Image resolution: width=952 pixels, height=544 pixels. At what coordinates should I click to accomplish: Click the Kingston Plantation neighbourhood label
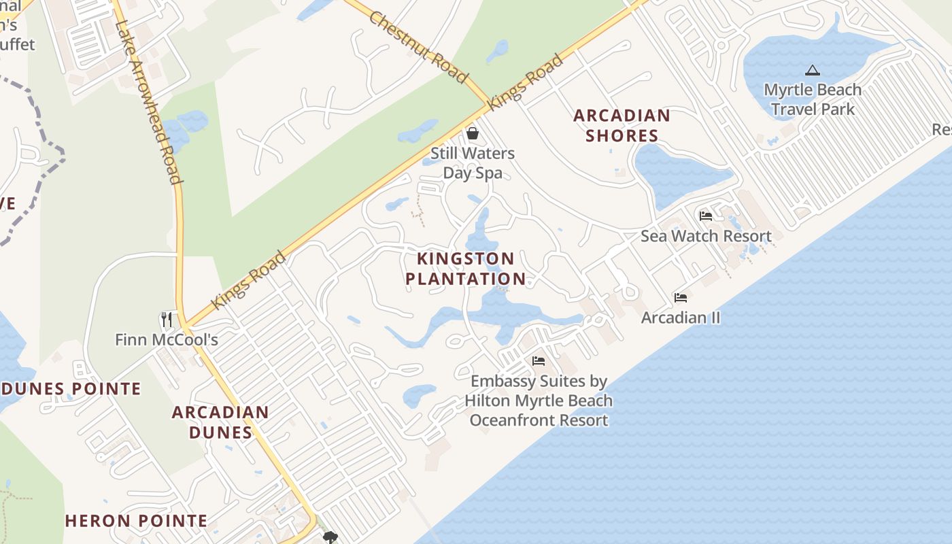[x=466, y=269]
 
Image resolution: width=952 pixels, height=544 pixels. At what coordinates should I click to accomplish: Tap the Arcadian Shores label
[x=622, y=125]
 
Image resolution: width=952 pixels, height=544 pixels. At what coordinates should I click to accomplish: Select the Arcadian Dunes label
[x=220, y=422]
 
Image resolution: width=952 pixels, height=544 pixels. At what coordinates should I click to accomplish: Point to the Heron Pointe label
[x=136, y=521]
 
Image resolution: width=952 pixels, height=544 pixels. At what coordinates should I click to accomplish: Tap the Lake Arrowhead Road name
[x=148, y=102]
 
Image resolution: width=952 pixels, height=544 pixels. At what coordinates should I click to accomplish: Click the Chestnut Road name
[x=418, y=47]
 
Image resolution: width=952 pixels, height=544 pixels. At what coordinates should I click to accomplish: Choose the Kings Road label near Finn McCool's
[x=248, y=279]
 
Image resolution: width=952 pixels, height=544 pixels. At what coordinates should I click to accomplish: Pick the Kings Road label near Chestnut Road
[x=526, y=82]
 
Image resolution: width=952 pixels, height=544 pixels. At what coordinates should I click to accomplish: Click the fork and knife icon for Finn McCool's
[x=166, y=319]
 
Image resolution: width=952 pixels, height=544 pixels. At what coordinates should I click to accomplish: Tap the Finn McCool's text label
[x=167, y=339]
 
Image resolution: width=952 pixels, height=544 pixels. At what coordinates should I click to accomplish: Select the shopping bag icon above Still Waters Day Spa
[x=473, y=133]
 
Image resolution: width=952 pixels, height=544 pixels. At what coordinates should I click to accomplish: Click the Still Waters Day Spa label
[x=473, y=163]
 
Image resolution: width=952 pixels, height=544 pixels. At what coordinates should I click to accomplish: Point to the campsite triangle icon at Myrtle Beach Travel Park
[x=812, y=70]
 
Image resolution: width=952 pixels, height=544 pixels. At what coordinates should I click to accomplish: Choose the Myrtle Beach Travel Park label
[x=813, y=99]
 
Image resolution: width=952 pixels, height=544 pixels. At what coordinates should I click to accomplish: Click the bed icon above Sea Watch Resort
[x=706, y=216]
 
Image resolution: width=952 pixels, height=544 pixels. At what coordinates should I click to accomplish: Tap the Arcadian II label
[x=681, y=318]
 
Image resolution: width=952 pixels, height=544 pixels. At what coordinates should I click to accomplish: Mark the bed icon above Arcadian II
[x=681, y=298]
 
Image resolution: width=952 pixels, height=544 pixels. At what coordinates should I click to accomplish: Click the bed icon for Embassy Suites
[x=539, y=361]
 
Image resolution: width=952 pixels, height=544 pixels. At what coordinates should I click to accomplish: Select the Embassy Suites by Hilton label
[x=539, y=401]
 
